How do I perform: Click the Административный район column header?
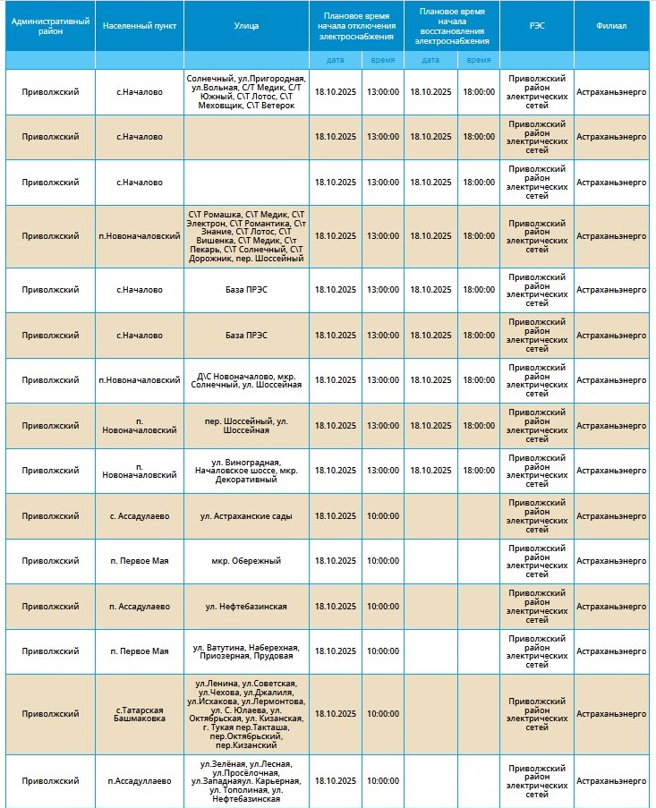pos(50,25)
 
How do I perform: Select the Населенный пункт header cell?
pos(140,25)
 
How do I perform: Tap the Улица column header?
pos(246,25)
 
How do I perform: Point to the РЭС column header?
pos(536,25)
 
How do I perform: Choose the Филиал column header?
pos(611,25)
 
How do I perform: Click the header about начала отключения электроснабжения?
pos(356,25)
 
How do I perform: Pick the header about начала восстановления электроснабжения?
pos(451,25)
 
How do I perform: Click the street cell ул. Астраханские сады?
pos(246,515)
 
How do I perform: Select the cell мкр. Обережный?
pos(246,560)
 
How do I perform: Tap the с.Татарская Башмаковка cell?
pos(140,714)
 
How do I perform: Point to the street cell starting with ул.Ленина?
pos(246,714)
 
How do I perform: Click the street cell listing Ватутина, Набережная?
pos(246,651)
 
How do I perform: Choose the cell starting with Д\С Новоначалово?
pos(246,380)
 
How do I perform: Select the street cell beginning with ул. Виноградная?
pos(246,470)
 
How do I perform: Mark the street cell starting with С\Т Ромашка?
pos(246,236)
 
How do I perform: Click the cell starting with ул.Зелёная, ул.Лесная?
pos(246,780)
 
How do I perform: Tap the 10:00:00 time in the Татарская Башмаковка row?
pos(382,714)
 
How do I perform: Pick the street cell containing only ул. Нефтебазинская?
pos(246,606)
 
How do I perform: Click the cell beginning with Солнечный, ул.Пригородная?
pos(246,92)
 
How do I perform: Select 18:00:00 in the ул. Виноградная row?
pos(478,470)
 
